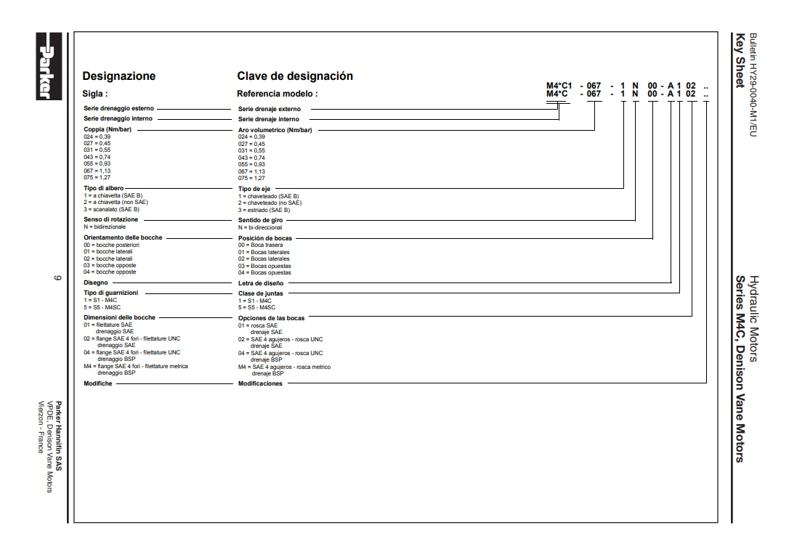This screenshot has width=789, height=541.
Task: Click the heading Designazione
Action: point(119,76)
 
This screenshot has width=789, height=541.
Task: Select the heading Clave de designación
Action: point(295,76)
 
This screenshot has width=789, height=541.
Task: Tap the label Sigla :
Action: point(95,94)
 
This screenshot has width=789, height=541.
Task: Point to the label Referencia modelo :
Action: point(278,94)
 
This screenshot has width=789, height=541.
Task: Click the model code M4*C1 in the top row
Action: point(559,86)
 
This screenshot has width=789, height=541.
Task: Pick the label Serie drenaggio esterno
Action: point(118,109)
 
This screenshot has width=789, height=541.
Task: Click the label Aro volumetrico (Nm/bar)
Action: point(275,130)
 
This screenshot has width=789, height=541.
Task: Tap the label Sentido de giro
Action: point(261,219)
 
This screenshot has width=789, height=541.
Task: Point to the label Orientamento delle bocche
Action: point(123,237)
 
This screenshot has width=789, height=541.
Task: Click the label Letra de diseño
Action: point(262,283)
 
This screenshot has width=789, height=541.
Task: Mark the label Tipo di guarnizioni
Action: point(111,293)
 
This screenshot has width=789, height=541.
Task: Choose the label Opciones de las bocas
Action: point(272,318)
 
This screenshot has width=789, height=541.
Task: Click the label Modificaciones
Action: point(260,383)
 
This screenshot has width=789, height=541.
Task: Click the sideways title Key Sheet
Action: point(740,62)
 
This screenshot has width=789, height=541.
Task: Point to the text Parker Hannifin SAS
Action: point(59,436)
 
